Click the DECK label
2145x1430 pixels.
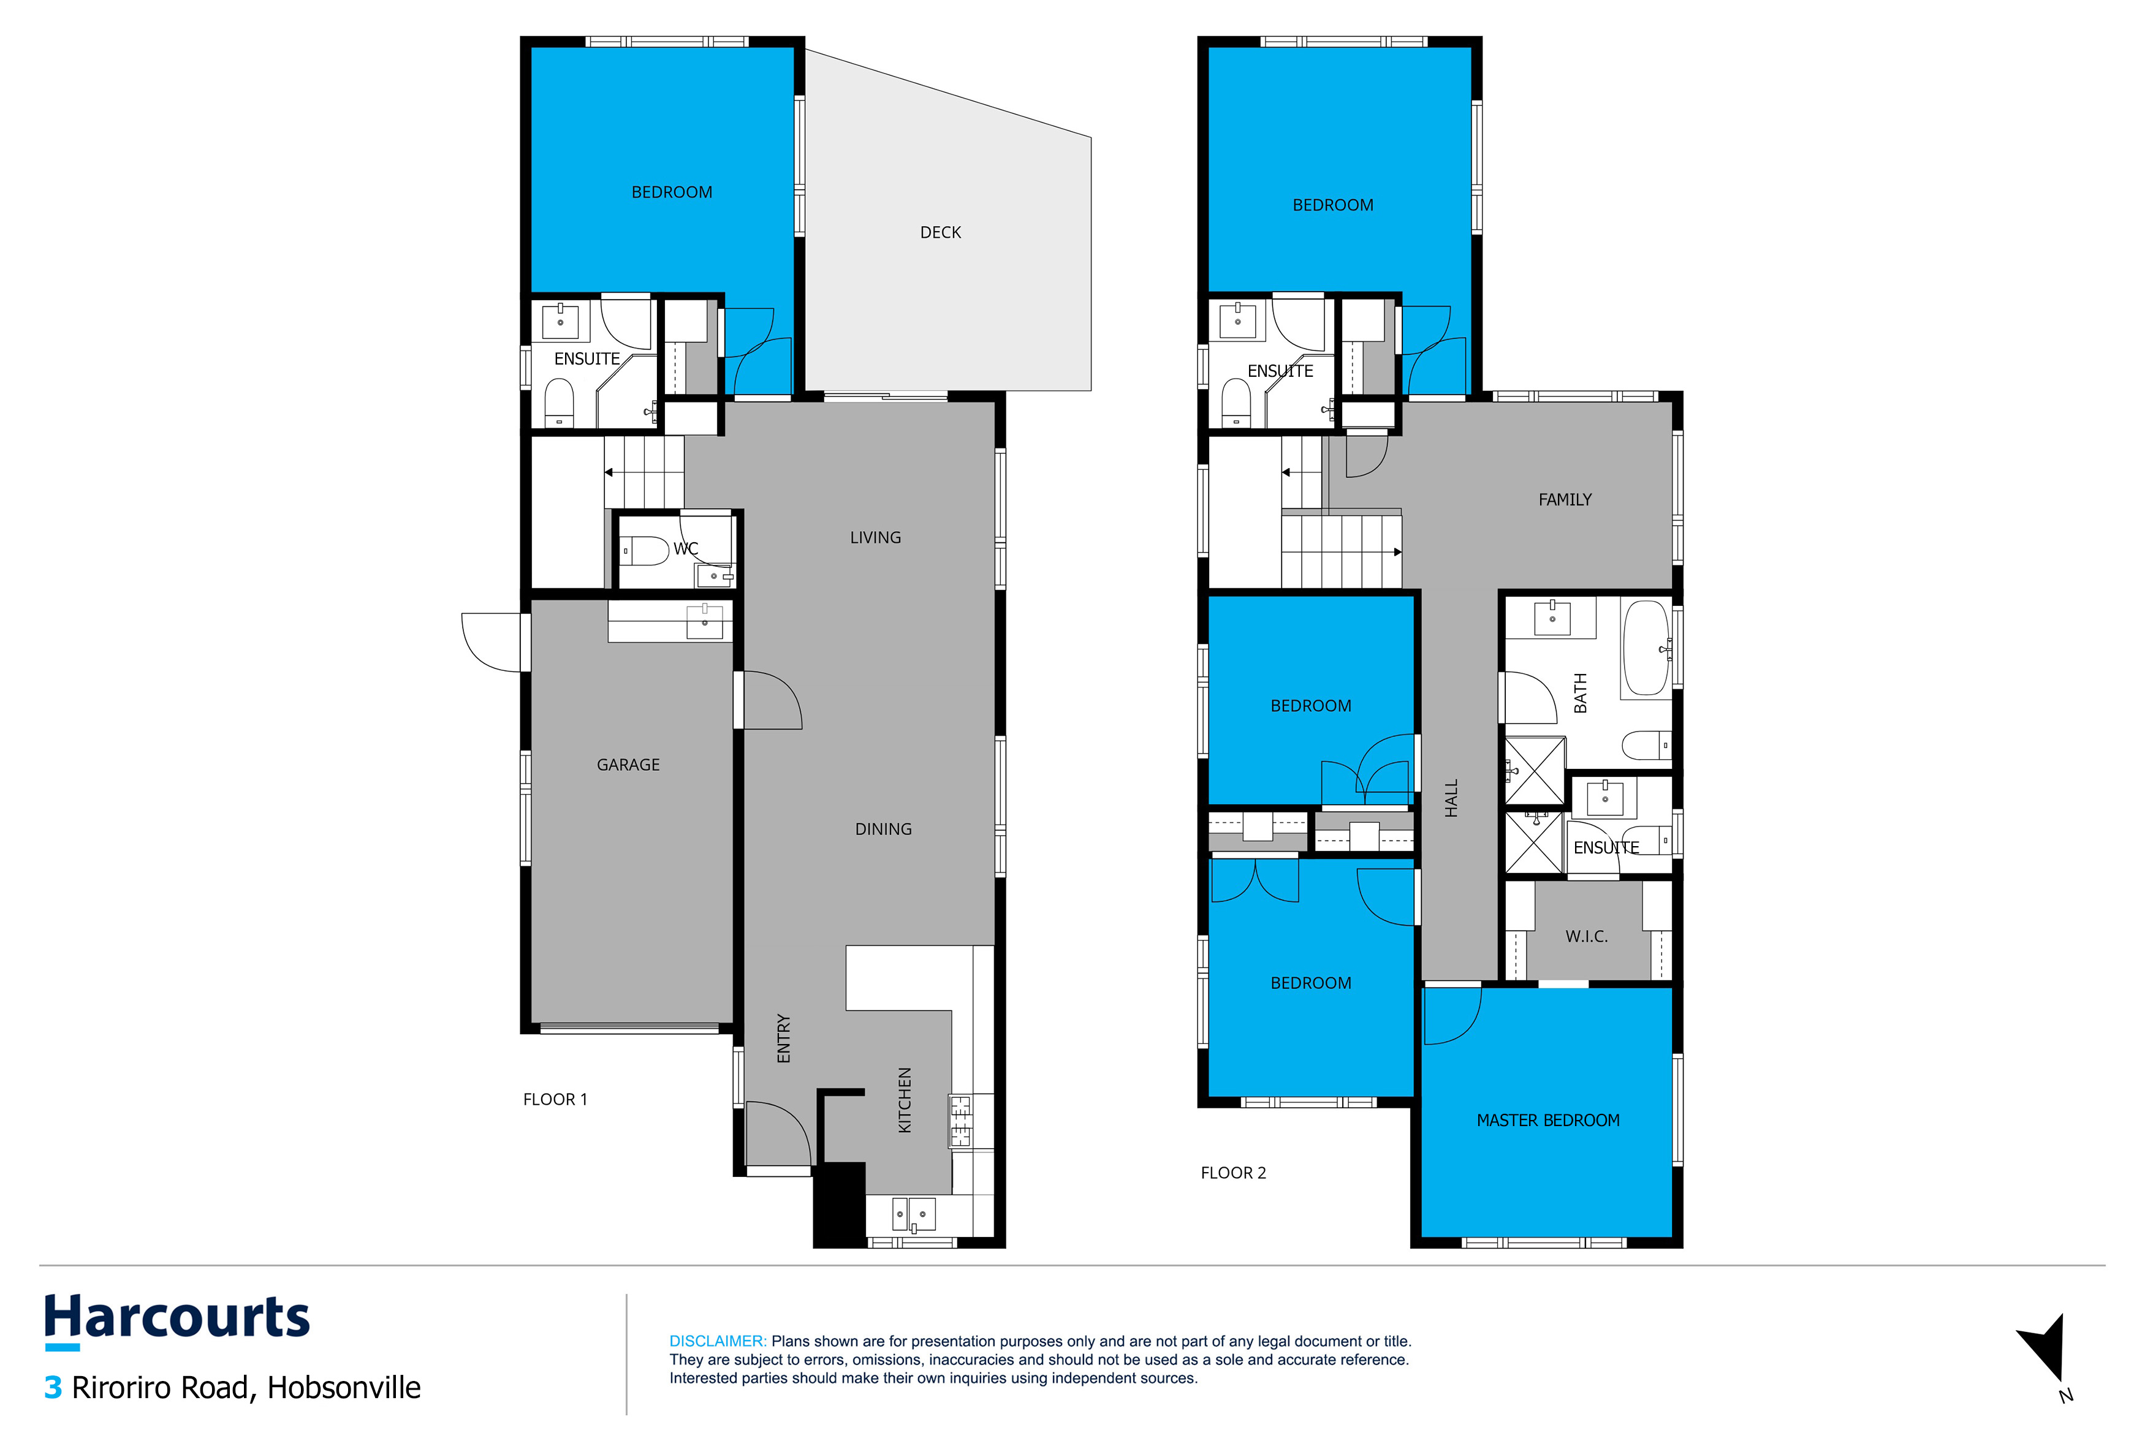point(940,233)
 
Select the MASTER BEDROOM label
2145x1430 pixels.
point(1549,1121)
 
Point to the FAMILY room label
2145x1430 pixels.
point(1565,500)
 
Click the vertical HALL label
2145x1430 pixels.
point(1452,798)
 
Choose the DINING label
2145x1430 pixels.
point(883,829)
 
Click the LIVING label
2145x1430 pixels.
point(876,538)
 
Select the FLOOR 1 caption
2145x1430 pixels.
point(555,1100)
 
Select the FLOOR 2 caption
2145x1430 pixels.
point(1233,1173)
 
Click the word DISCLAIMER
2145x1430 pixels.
point(718,1342)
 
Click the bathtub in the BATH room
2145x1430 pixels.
point(1646,648)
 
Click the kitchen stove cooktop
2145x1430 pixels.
point(960,1122)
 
